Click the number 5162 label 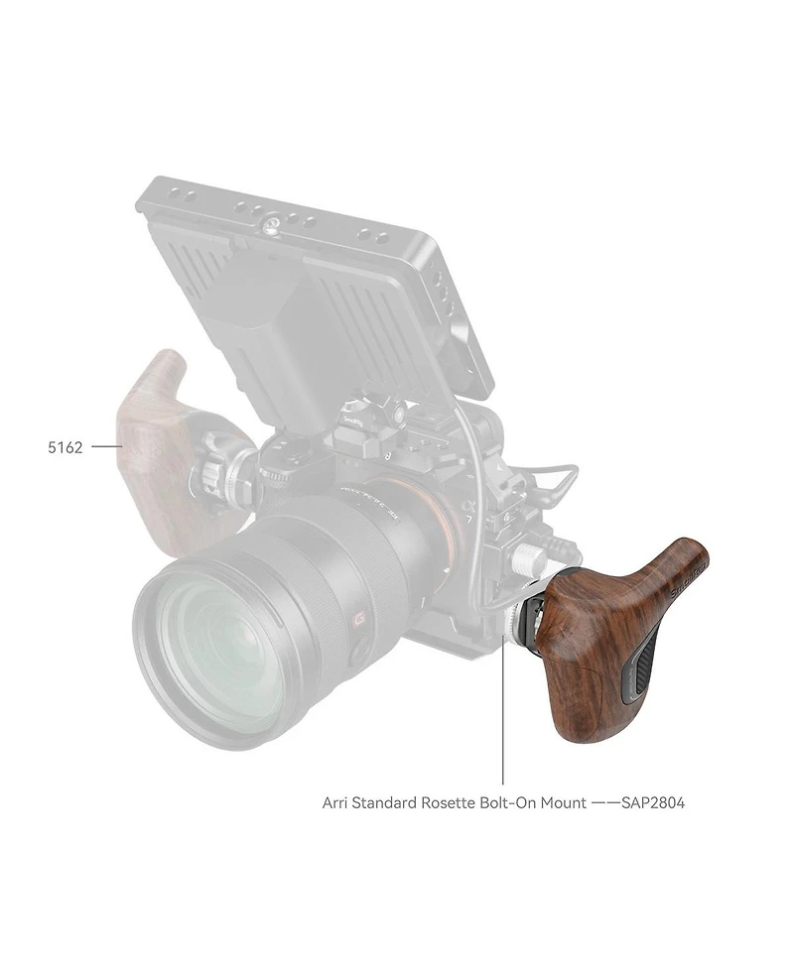[x=66, y=447]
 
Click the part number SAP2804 [x=653, y=801]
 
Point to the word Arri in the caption [x=336, y=801]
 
